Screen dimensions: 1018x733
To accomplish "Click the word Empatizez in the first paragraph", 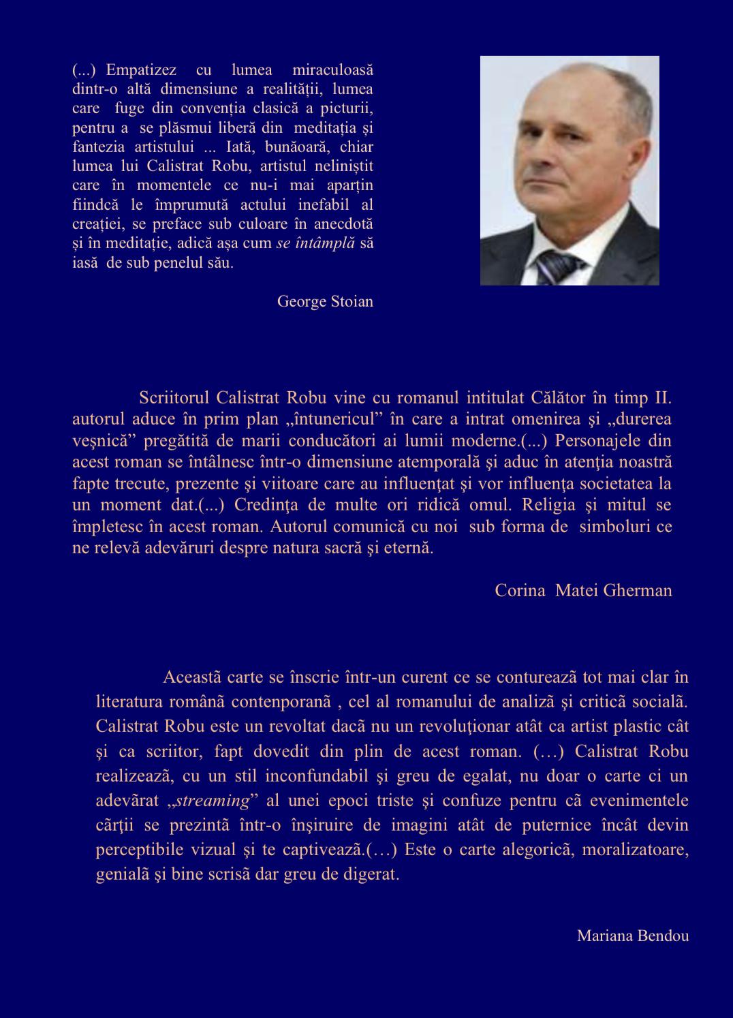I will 141,70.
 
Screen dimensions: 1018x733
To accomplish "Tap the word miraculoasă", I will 332,70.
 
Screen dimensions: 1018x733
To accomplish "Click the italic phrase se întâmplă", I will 315,243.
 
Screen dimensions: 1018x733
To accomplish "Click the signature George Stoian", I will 325,301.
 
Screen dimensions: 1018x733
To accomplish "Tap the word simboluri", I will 616,527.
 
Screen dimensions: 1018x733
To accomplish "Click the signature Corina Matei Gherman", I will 583,590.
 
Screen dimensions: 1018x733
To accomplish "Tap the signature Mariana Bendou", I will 632,936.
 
